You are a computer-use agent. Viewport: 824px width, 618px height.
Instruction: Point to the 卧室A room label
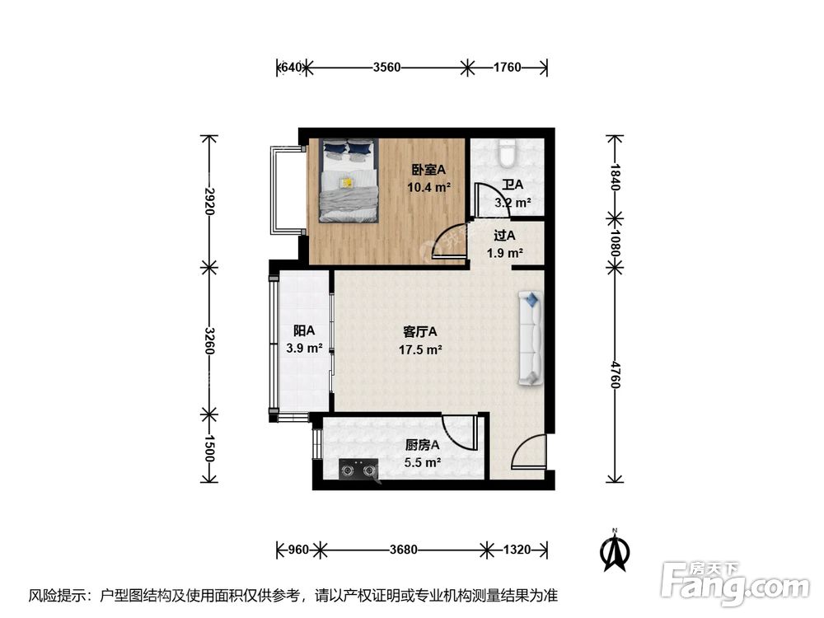[428, 170]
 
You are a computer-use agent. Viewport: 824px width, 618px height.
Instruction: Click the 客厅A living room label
[420, 332]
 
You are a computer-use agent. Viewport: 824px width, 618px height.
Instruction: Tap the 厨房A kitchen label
[422, 445]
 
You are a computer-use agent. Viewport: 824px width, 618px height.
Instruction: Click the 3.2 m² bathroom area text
[513, 202]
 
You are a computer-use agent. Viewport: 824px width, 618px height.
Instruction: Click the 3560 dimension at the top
[386, 68]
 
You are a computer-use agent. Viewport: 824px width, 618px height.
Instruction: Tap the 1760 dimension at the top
[507, 68]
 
